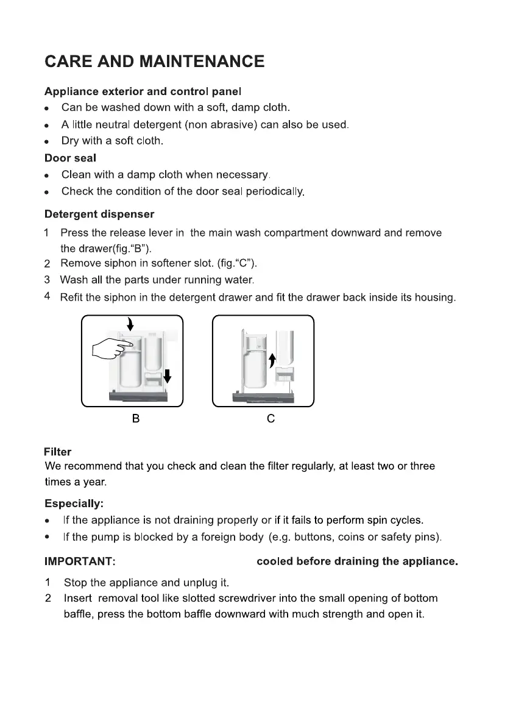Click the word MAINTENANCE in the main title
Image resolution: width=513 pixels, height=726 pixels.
click(202, 62)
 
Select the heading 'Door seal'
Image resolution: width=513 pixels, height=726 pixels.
click(70, 158)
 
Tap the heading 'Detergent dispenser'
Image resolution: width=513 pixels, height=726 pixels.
click(99, 215)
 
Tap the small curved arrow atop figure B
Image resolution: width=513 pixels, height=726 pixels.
click(130, 323)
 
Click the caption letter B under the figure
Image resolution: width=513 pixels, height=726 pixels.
click(136, 419)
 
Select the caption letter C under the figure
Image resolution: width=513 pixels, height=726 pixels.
click(271, 419)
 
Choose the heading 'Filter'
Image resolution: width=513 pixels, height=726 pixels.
click(57, 452)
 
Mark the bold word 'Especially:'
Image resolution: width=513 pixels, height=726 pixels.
click(74, 504)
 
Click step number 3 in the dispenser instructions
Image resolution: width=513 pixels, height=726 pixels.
click(47, 280)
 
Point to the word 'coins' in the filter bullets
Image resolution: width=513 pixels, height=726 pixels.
click(359, 538)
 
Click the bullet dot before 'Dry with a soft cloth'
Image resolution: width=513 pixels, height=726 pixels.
click(47, 141)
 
